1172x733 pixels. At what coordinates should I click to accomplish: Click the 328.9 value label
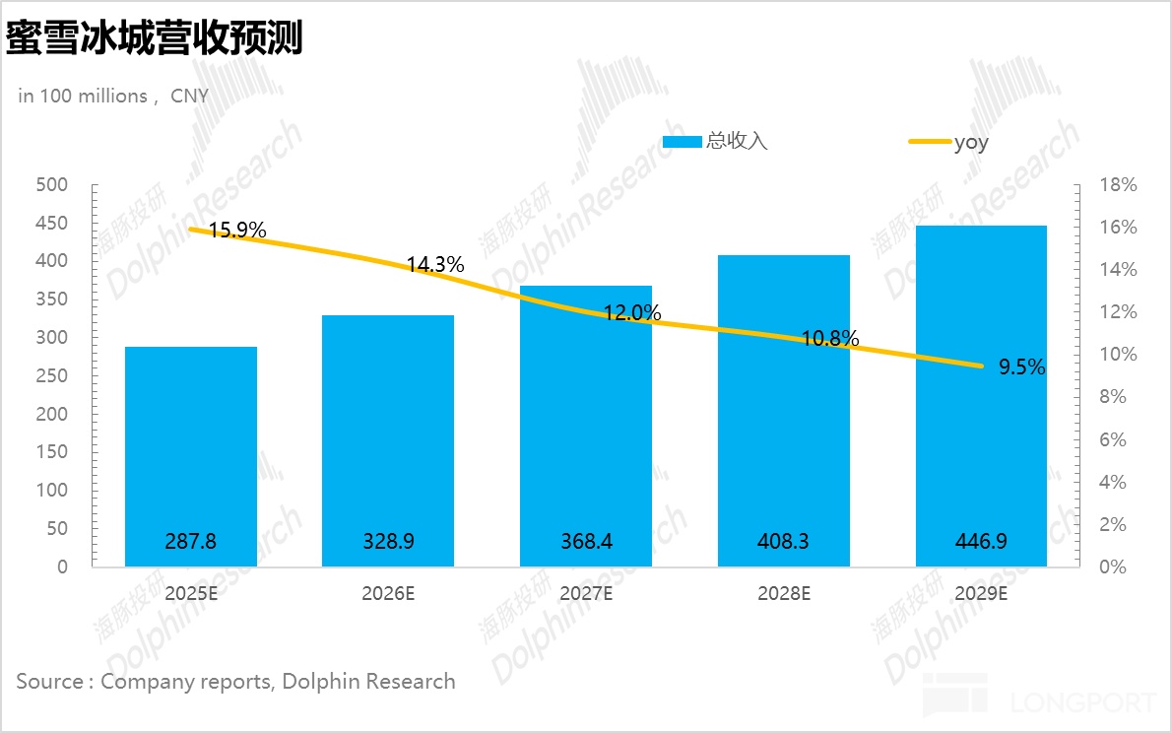(x=388, y=541)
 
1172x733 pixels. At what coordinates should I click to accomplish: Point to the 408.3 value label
(x=783, y=541)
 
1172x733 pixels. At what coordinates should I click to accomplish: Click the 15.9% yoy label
(x=237, y=231)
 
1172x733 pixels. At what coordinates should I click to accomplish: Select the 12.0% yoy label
(x=632, y=313)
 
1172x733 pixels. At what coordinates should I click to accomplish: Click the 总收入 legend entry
(x=715, y=142)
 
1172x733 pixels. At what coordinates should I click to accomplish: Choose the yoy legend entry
(x=969, y=142)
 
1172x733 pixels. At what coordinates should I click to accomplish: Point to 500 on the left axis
(x=51, y=185)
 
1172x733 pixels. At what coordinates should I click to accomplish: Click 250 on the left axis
(x=51, y=376)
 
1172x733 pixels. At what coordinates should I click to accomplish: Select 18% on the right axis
(x=1118, y=185)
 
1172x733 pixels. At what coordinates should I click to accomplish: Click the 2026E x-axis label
(x=388, y=594)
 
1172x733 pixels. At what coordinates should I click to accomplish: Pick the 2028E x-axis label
(x=783, y=594)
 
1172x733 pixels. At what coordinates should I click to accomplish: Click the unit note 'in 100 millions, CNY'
(x=113, y=96)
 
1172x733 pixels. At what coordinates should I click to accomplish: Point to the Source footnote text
(x=235, y=681)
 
